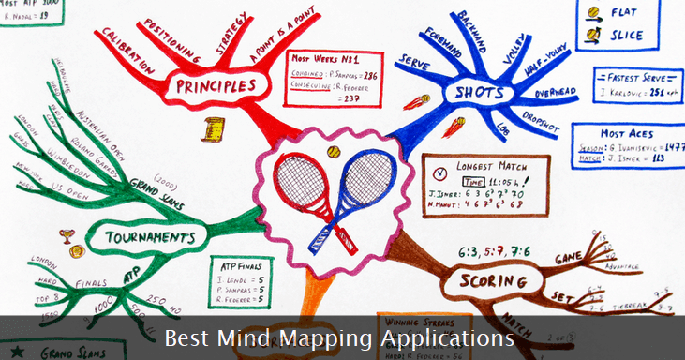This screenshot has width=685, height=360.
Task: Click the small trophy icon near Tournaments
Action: coord(66,237)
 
